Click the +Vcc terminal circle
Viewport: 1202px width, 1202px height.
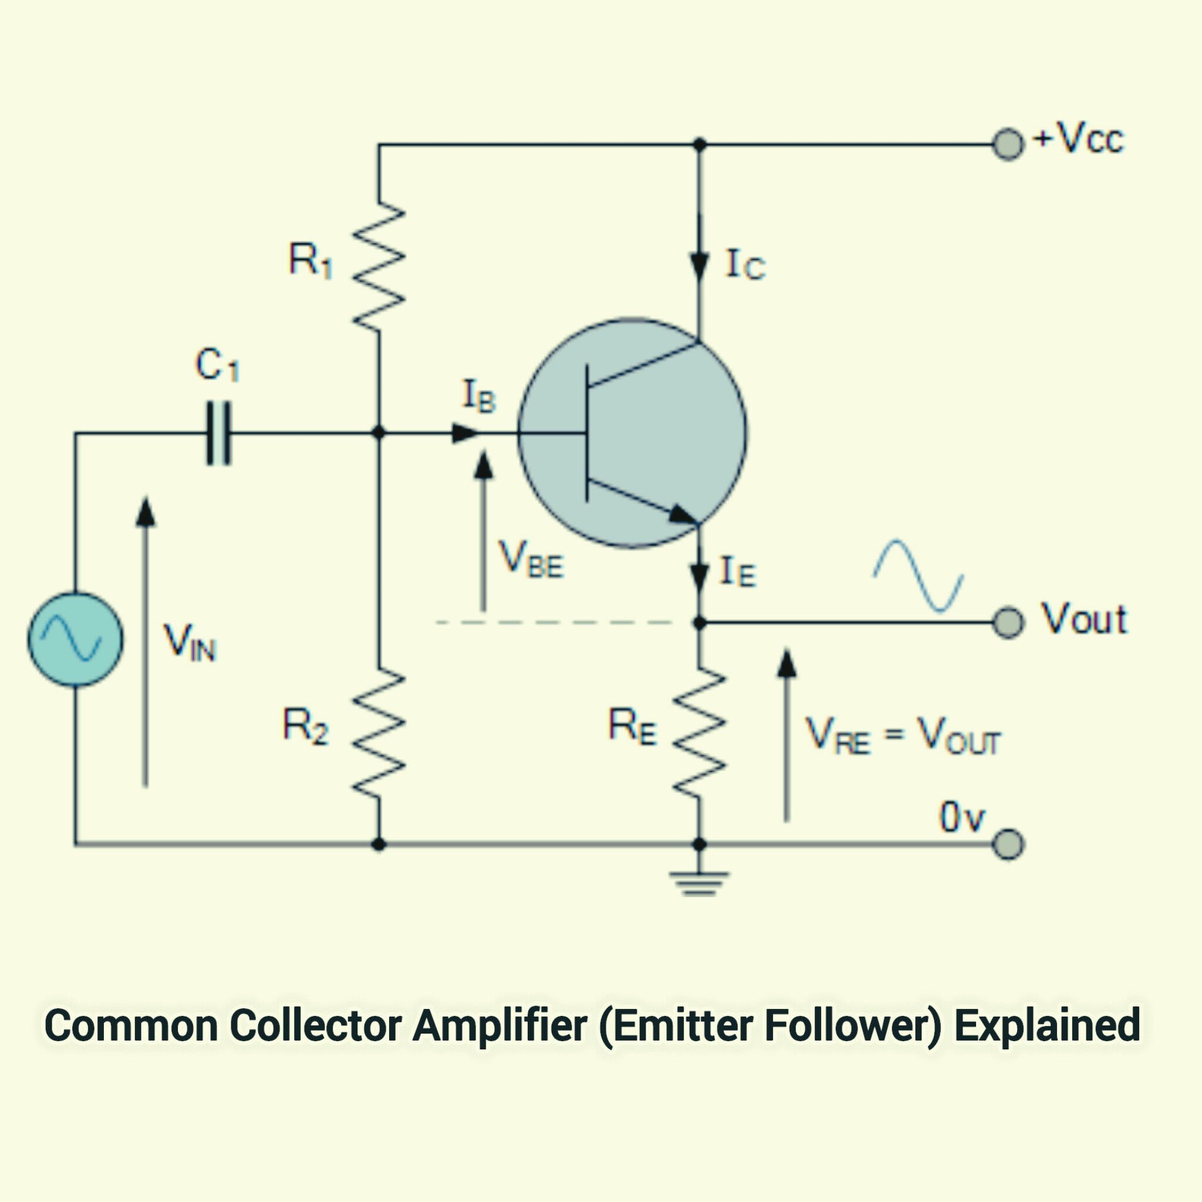pyautogui.click(x=1007, y=145)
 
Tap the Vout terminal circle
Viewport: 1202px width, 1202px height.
pyautogui.click(x=1007, y=622)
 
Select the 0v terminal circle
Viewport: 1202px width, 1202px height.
pyautogui.click(x=1007, y=844)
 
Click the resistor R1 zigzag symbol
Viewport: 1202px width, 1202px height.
pyautogui.click(x=379, y=266)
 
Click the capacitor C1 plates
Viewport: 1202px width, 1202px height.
pyautogui.click(x=218, y=433)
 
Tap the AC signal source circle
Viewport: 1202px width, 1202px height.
pyautogui.click(x=75, y=639)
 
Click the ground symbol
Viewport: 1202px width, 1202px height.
pyautogui.click(x=699, y=883)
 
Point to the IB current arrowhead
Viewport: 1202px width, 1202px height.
pyautogui.click(x=465, y=433)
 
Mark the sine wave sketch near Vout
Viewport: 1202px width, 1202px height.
pyautogui.click(x=919, y=576)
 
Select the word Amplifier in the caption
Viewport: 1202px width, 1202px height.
pyautogui.click(x=499, y=1025)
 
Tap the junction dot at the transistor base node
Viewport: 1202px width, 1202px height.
pyautogui.click(x=379, y=433)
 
